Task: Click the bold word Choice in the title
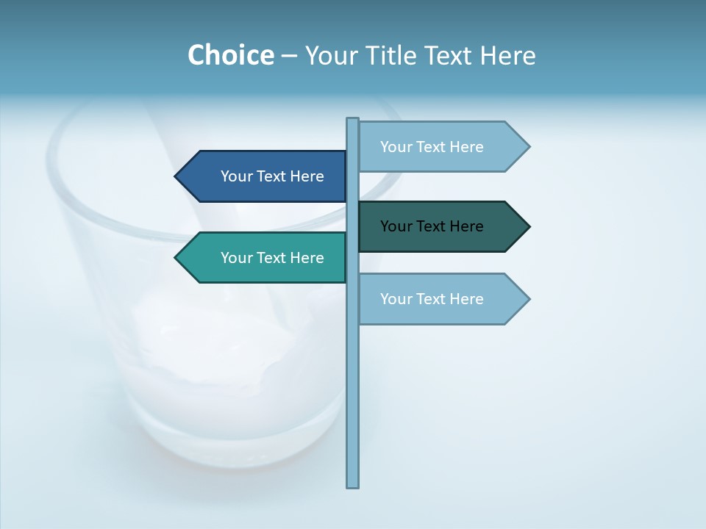point(230,55)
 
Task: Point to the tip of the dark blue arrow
point(176,176)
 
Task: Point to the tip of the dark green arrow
point(528,226)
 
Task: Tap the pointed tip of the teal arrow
point(176,258)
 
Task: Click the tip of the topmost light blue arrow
point(528,147)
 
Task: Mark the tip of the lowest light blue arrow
point(528,299)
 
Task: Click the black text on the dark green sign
point(432,226)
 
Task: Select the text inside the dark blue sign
point(272,176)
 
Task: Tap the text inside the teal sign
point(272,258)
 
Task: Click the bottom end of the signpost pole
point(353,485)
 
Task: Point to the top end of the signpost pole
point(353,120)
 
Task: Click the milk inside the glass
point(221,367)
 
